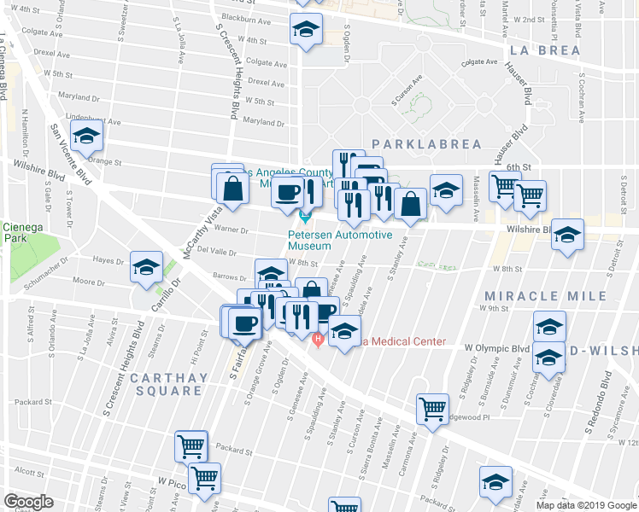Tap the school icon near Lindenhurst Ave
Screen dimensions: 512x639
click(86, 136)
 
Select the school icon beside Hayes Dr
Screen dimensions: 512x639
click(146, 267)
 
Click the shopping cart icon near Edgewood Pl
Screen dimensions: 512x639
click(433, 409)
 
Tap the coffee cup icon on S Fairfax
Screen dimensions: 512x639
click(244, 323)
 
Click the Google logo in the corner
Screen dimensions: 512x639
click(29, 501)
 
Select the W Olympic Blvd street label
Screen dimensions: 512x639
click(497, 348)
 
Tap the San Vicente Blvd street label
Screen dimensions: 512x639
click(71, 154)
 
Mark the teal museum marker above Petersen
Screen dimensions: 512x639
click(305, 217)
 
